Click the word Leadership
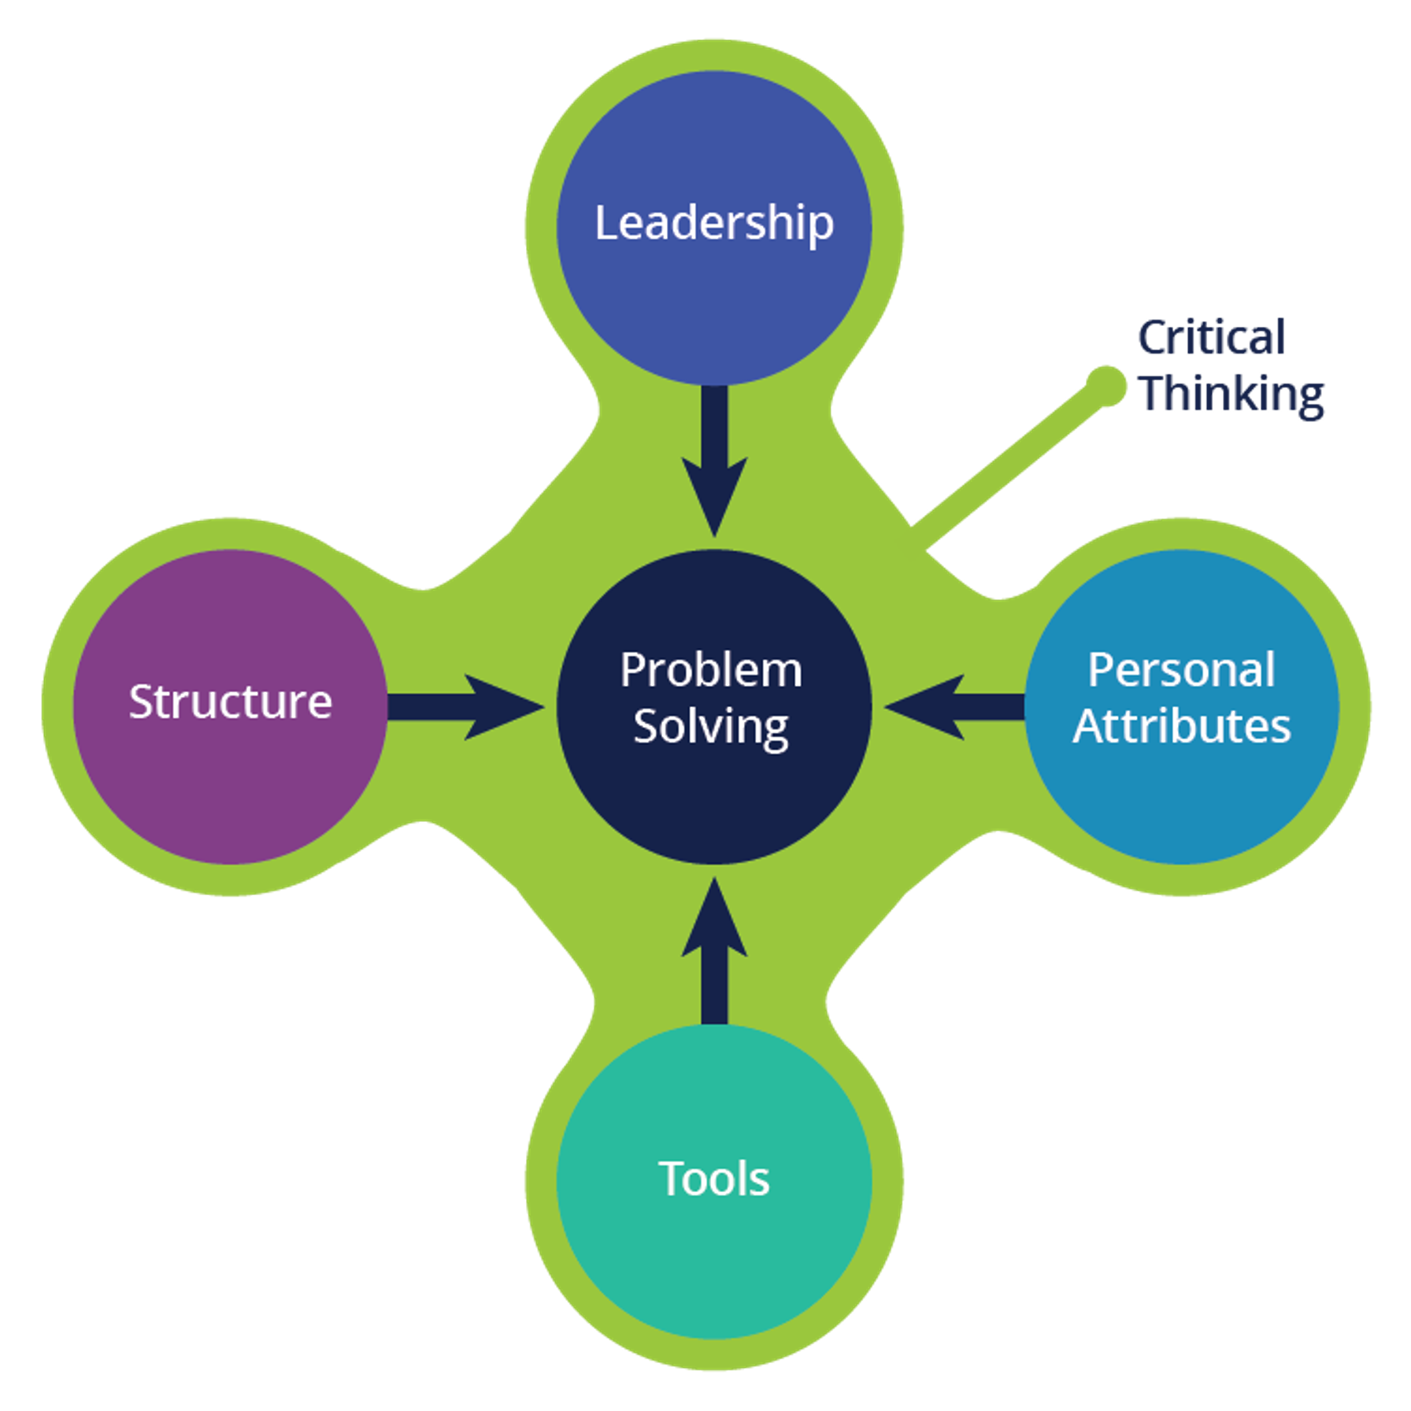[x=713, y=224]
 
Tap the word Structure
[x=230, y=702]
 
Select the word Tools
[x=713, y=1179]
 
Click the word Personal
[x=1181, y=670]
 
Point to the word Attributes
[x=1181, y=726]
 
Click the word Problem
[x=711, y=670]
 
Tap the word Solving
[x=711, y=726]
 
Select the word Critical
[x=1211, y=338]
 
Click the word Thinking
[x=1232, y=393]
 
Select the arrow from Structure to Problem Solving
[x=465, y=706]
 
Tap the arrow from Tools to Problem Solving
[x=714, y=953]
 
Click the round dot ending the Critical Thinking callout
[x=1106, y=387]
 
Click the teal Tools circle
[x=713, y=1260]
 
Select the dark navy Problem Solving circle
[x=713, y=803]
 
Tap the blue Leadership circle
[x=713, y=307]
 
